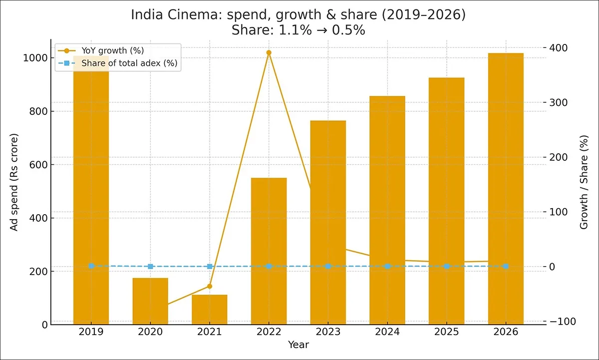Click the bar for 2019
tap(91, 200)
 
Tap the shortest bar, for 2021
tap(210, 310)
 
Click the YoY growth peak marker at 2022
tap(269, 52)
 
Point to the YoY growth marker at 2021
tap(210, 286)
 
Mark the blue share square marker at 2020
tap(150, 267)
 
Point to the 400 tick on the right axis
tap(559, 48)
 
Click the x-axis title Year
tap(298, 345)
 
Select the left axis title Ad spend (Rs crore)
tap(14, 182)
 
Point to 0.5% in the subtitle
tap(348, 30)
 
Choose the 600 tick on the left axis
tap(39, 165)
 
